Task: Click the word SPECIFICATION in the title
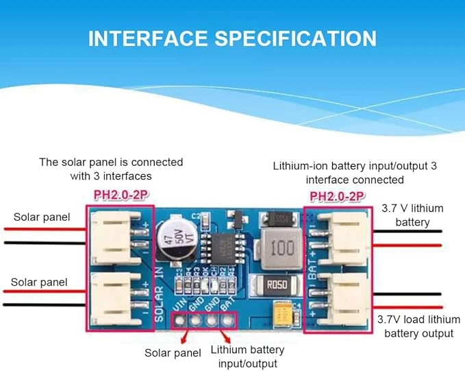[x=296, y=38]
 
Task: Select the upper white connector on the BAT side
[x=340, y=235]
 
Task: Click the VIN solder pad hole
[x=181, y=320]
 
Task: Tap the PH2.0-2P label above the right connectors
[x=337, y=197]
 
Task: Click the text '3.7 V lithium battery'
[x=412, y=215]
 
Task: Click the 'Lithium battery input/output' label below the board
[x=247, y=356]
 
